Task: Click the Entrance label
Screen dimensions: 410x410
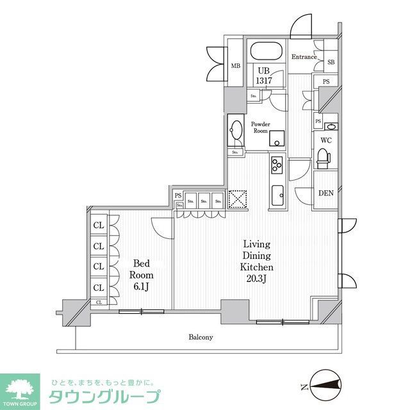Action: pyautogui.click(x=304, y=57)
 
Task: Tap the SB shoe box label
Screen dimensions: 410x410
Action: pyautogui.click(x=331, y=62)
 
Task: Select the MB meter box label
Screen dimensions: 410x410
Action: pyautogui.click(x=235, y=66)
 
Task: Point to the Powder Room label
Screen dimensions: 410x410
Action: pyautogui.click(x=260, y=127)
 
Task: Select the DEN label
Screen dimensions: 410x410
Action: pyautogui.click(x=325, y=193)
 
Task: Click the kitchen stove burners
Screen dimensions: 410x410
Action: pyautogui.click(x=277, y=165)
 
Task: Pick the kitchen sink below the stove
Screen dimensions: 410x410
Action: pyautogui.click(x=277, y=195)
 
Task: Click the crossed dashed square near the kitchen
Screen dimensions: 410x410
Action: pyautogui.click(x=238, y=200)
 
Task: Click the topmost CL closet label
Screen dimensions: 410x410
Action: pyautogui.click(x=99, y=225)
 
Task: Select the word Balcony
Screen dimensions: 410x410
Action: pyautogui.click(x=201, y=337)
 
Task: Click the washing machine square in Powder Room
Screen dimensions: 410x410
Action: pyautogui.click(x=277, y=139)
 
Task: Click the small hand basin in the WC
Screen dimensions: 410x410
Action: pyautogui.click(x=331, y=126)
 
